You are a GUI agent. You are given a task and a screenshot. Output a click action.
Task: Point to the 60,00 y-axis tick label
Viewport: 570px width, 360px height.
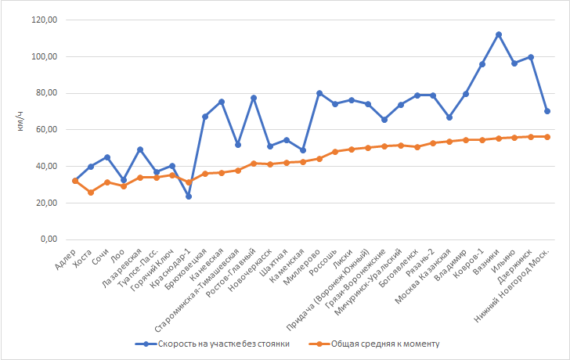pos(45,130)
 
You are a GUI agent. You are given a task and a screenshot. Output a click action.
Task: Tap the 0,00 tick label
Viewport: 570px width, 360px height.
pos(48,239)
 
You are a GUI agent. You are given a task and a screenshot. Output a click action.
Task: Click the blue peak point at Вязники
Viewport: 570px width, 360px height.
pos(499,34)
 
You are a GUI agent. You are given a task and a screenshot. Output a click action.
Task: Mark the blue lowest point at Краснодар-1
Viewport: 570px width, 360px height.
pos(189,196)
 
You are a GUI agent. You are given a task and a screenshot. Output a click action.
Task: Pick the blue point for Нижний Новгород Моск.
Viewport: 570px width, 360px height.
pos(547,111)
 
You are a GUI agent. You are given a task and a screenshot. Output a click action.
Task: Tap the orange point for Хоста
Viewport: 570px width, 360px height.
pos(91,192)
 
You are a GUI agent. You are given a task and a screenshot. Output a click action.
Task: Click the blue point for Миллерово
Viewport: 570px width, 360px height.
pos(319,93)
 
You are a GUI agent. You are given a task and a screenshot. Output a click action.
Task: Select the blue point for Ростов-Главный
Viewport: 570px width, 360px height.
pos(254,98)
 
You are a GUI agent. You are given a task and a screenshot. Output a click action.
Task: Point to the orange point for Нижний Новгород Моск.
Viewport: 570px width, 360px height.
pos(547,137)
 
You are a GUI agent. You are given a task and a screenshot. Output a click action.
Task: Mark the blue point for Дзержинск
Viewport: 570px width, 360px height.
pos(531,57)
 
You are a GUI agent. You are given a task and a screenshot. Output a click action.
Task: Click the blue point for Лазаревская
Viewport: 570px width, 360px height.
pos(139,149)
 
